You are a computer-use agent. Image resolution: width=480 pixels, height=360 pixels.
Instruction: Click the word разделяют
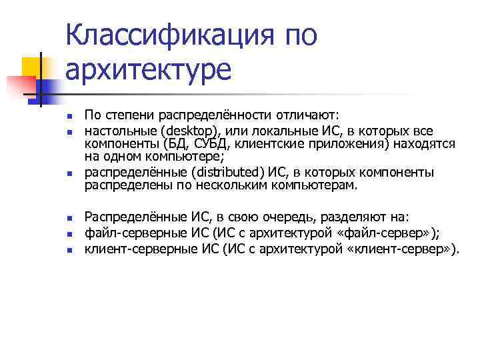[x=358, y=217]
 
